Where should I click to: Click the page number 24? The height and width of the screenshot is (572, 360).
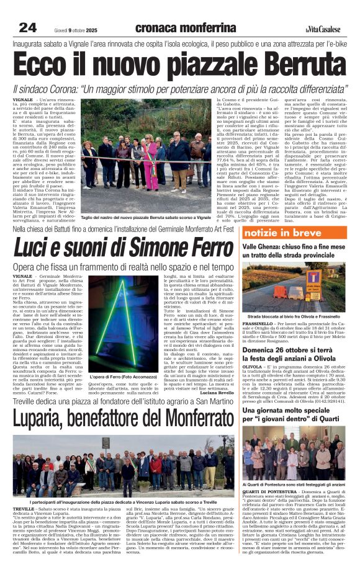27,27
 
